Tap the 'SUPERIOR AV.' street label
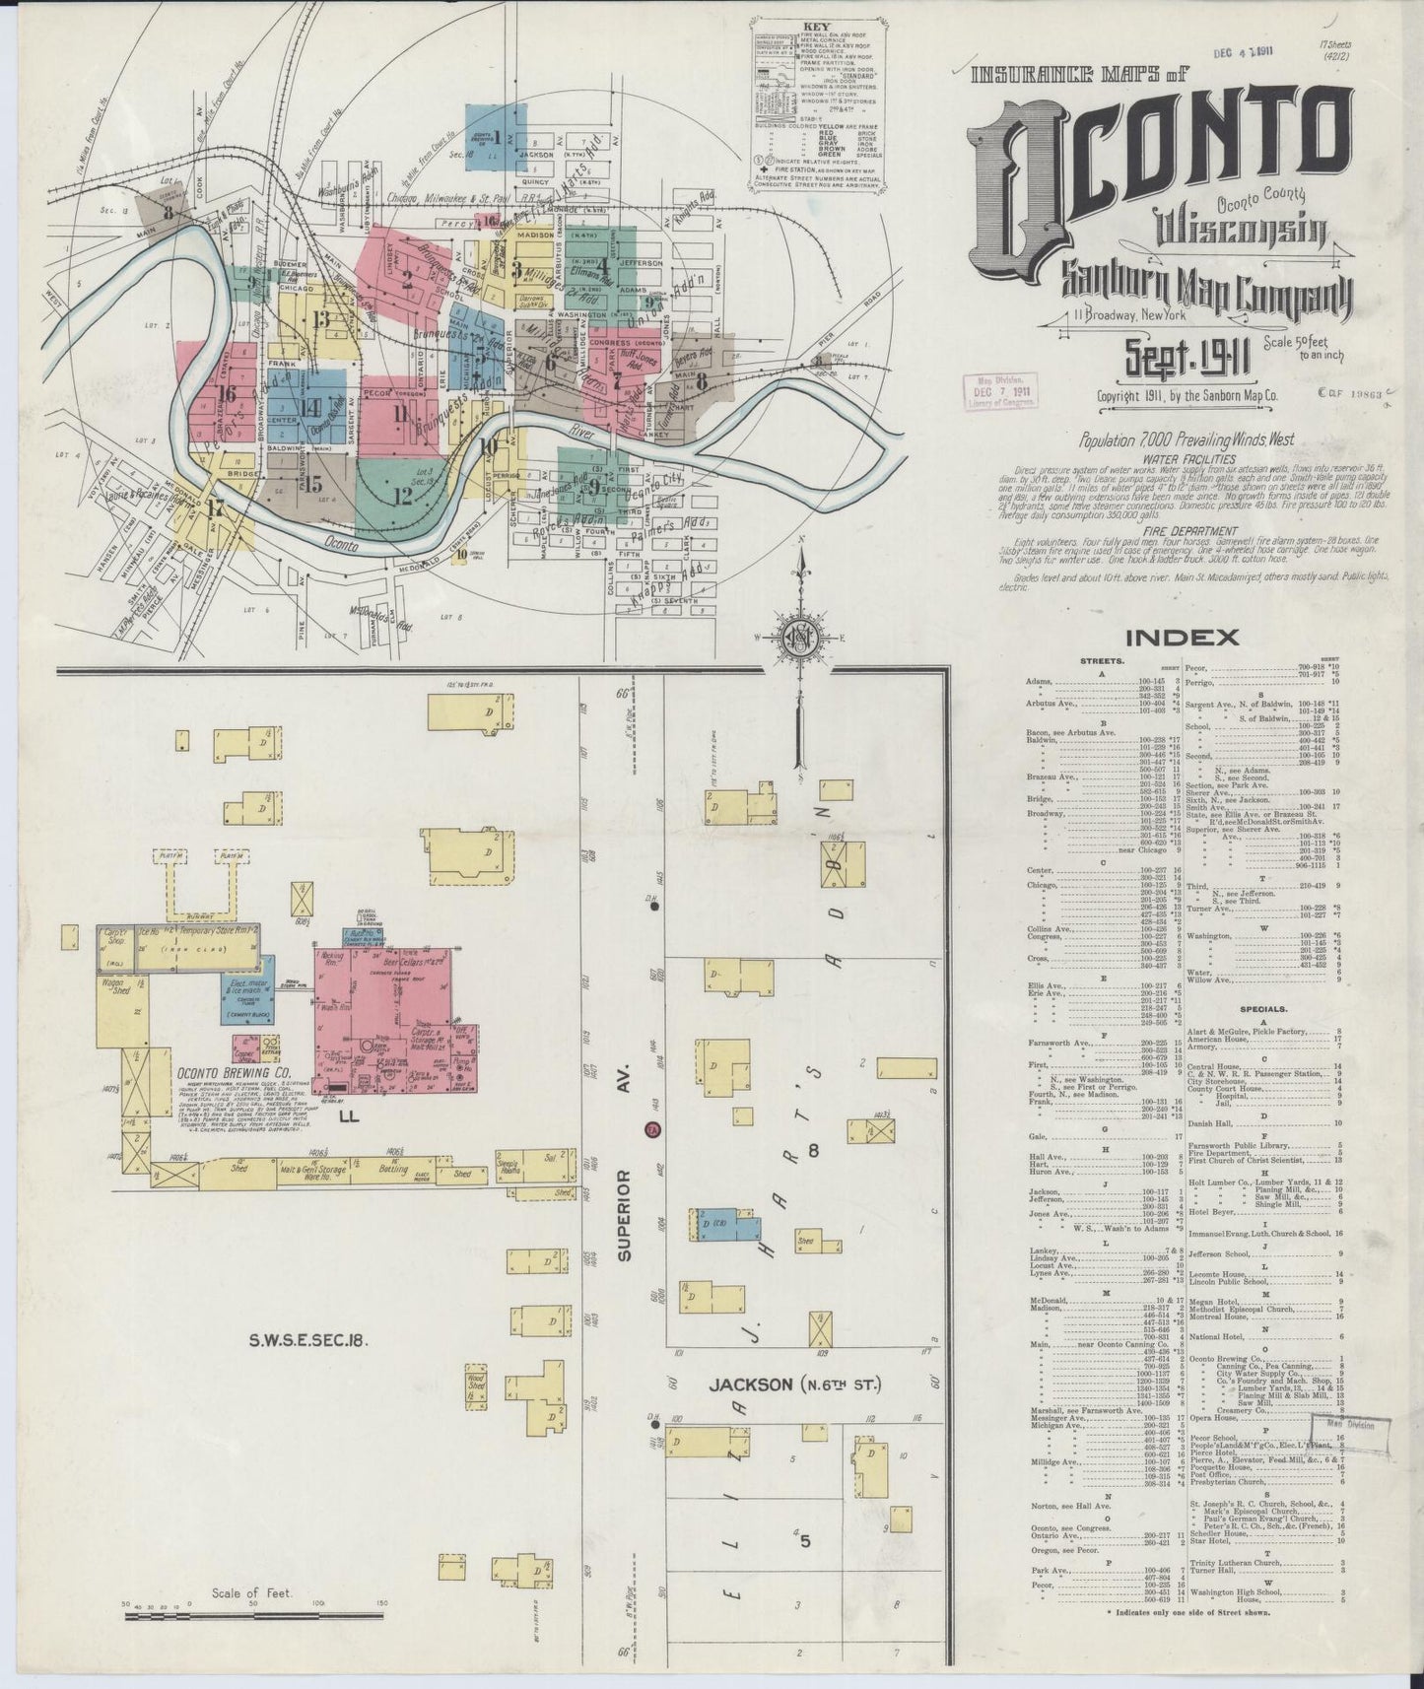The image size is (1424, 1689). (x=622, y=1219)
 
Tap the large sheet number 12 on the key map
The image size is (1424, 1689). (x=402, y=495)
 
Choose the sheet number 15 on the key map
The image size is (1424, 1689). (x=313, y=483)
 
